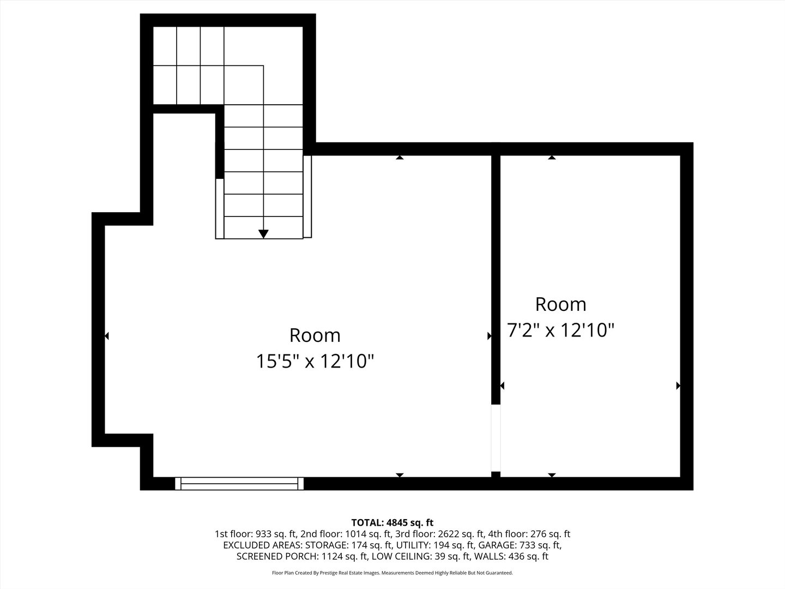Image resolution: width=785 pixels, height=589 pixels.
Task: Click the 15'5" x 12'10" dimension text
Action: tap(315, 361)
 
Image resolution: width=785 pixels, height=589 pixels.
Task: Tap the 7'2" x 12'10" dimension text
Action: tap(560, 330)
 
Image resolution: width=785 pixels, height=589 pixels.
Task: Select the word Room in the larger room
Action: tap(315, 335)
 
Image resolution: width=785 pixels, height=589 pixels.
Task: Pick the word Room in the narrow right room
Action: tap(560, 304)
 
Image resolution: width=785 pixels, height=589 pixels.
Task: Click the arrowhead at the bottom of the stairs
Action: tap(263, 234)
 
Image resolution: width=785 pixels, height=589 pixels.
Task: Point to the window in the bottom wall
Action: tap(239, 483)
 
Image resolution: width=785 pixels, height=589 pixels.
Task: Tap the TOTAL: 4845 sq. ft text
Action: tap(392, 522)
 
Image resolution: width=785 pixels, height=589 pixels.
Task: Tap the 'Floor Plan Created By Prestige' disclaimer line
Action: tap(392, 573)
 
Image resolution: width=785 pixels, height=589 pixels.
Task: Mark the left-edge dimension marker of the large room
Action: tap(107, 336)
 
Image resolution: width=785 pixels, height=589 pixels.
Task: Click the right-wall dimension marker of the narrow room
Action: tap(678, 386)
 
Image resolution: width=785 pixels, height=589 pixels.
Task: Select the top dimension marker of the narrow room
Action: tap(552, 158)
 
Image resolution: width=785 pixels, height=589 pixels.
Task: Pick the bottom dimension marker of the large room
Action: tap(400, 475)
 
